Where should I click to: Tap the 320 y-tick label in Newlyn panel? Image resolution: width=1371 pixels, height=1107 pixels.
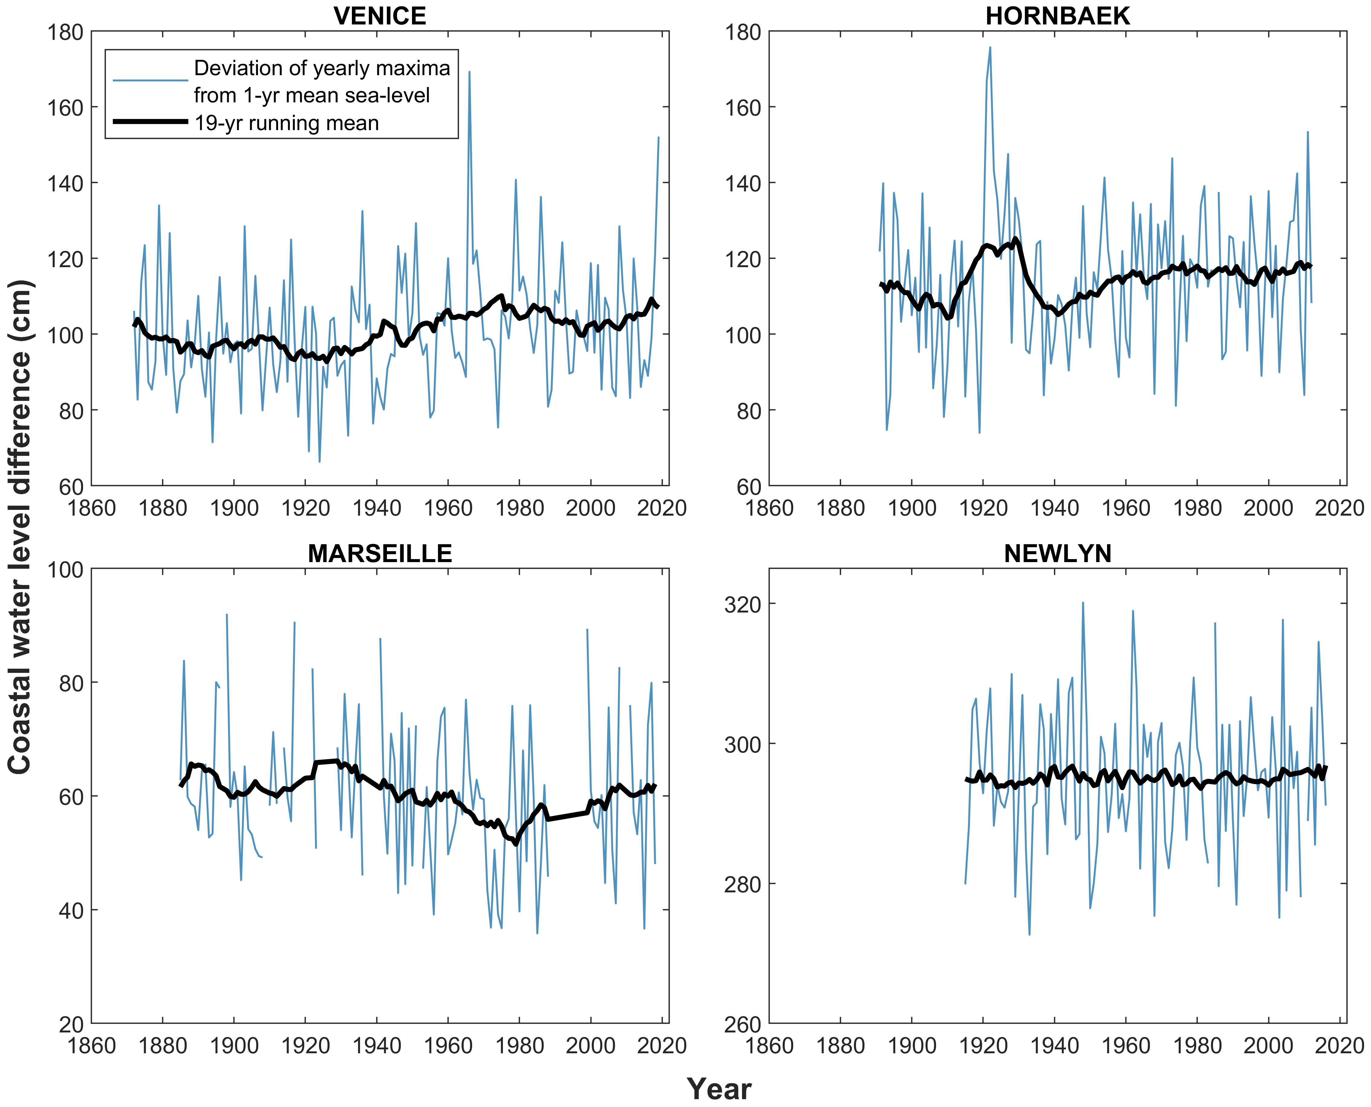tap(743, 604)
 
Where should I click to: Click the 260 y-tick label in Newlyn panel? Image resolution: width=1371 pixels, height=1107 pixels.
tap(743, 1024)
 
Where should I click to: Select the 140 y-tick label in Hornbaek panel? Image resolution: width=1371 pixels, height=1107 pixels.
tap(743, 183)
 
